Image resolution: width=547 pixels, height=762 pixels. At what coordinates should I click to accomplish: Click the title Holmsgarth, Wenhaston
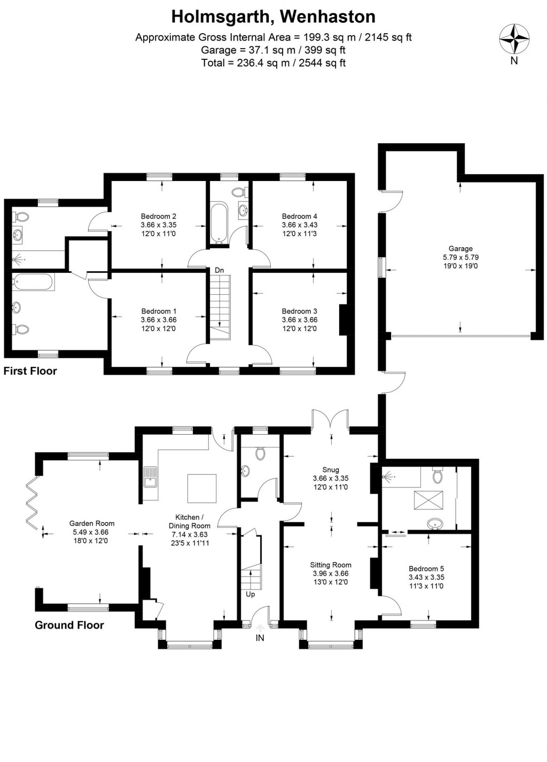(x=273, y=17)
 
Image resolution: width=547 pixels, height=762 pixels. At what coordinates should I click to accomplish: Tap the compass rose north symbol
(x=514, y=40)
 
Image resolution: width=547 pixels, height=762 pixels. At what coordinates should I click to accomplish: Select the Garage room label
(x=460, y=248)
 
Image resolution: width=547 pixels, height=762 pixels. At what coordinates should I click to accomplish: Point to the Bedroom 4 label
(x=299, y=216)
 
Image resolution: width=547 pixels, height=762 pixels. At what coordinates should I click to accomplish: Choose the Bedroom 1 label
(x=159, y=311)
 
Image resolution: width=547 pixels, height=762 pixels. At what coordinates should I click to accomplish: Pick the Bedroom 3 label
(x=299, y=311)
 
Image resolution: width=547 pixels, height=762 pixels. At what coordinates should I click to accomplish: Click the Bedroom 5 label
(x=426, y=569)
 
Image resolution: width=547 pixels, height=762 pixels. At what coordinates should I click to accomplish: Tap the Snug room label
(x=331, y=470)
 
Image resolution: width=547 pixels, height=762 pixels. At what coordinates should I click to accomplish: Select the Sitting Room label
(x=331, y=564)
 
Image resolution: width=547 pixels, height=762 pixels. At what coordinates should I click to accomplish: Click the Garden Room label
(x=92, y=523)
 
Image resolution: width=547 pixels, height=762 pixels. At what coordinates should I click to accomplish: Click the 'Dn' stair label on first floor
(x=219, y=270)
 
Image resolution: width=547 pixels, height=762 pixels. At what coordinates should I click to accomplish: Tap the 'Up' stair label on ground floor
(x=250, y=594)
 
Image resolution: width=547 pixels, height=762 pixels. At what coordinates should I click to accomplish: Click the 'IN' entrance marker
(x=260, y=638)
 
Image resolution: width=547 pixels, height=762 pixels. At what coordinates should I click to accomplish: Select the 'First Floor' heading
(x=30, y=371)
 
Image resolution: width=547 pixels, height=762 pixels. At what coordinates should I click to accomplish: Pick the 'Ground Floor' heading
(x=69, y=625)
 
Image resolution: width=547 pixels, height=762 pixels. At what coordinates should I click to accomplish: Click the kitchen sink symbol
(x=151, y=477)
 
